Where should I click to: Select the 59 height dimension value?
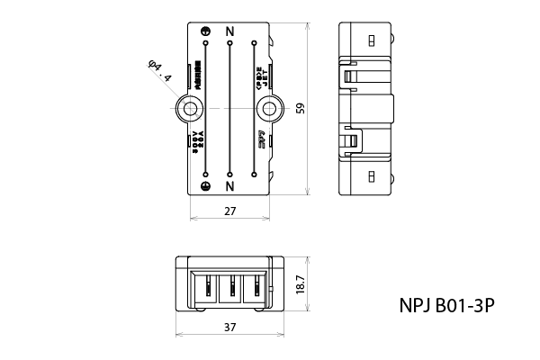pos(301,109)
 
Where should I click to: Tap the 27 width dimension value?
pos(229,211)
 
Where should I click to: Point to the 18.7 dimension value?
pos(301,285)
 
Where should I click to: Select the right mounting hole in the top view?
pos(268,109)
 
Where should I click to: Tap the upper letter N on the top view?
pos(230,31)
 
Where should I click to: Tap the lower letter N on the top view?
pos(230,186)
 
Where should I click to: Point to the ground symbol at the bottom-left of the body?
pos(206,186)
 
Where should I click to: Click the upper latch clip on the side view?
pos(349,76)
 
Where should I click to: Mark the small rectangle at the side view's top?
pos(371,40)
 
